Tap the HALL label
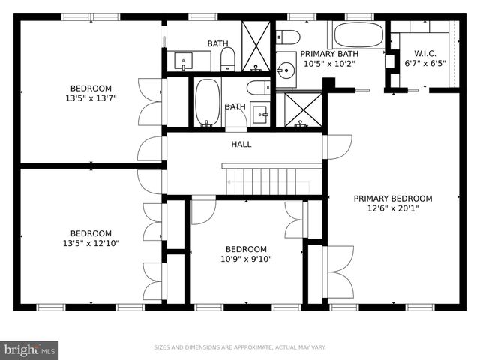pyautogui.click(x=241, y=144)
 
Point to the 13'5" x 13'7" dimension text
pyautogui.click(x=91, y=97)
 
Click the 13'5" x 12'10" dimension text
pyautogui.click(x=91, y=243)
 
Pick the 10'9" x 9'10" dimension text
pyautogui.click(x=246, y=259)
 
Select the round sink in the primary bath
pyautogui.click(x=285, y=71)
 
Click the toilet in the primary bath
pyautogui.click(x=289, y=37)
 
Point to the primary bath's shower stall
pyautogui.click(x=298, y=110)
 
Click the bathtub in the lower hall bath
pyautogui.click(x=207, y=102)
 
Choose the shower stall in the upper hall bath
pyautogui.click(x=256, y=46)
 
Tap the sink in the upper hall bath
pyautogui.click(x=183, y=59)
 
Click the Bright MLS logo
pyautogui.click(x=30, y=349)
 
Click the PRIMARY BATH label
pyautogui.click(x=329, y=54)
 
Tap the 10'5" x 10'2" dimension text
pyautogui.click(x=329, y=64)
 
